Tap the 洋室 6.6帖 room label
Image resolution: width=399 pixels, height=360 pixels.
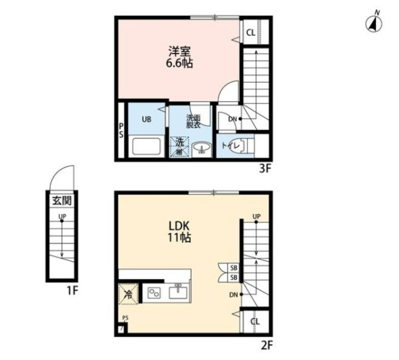click(180, 57)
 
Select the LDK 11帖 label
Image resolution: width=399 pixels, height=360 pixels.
click(179, 231)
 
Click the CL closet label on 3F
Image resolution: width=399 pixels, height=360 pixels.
click(251, 32)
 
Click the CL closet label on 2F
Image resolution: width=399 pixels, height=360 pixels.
click(255, 321)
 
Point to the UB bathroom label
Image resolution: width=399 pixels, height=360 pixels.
click(147, 119)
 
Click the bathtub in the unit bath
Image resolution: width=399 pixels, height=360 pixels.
click(147, 147)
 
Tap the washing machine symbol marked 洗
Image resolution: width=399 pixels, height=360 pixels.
click(180, 147)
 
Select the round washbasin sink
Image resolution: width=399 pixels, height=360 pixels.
click(201, 148)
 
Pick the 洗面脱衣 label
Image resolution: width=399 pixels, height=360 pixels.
click(193, 121)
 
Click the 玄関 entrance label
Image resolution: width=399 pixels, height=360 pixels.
click(62, 201)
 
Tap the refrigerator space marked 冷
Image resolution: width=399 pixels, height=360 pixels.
click(129, 294)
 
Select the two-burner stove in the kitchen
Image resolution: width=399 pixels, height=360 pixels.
click(154, 292)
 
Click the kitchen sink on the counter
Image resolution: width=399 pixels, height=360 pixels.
click(178, 291)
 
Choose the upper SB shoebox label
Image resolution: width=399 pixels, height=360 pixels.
click(233, 268)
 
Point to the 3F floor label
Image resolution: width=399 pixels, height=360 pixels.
click(265, 169)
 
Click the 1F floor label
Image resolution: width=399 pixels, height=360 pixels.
click(72, 291)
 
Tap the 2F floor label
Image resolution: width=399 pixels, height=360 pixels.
click(266, 345)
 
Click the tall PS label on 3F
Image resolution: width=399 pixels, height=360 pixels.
click(121, 130)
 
